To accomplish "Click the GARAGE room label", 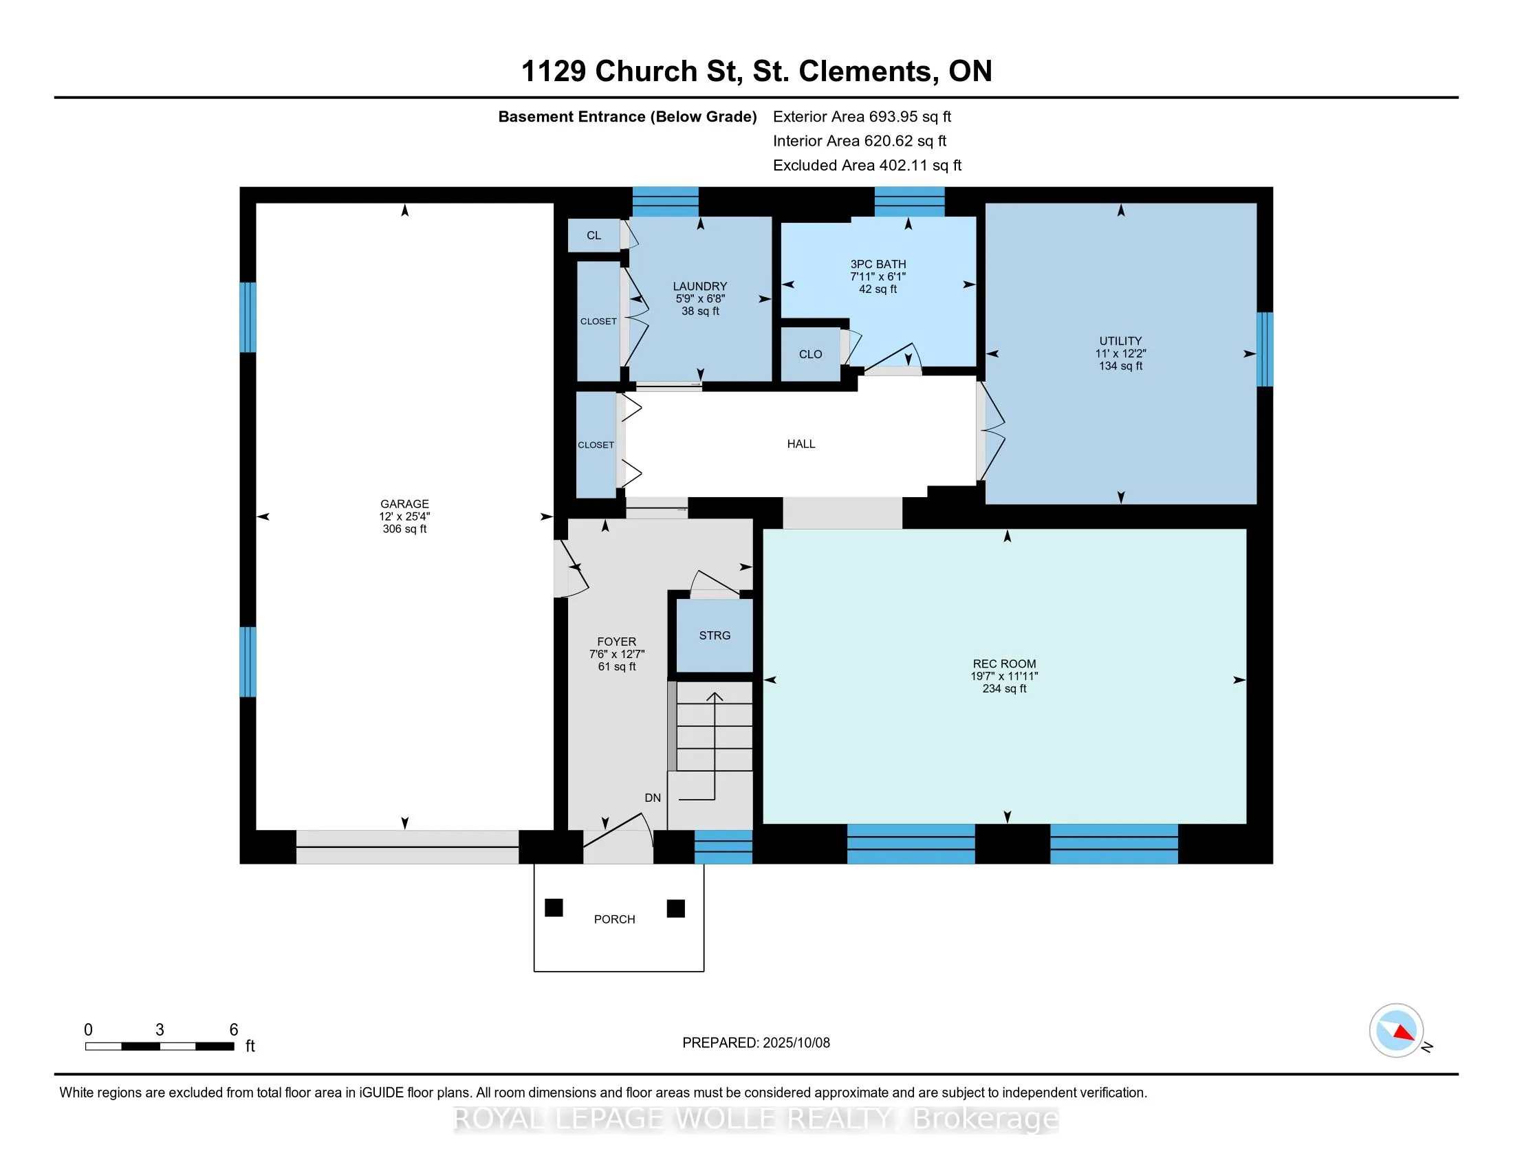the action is (x=404, y=504).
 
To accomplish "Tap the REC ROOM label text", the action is (x=1005, y=664).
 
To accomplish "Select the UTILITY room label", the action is (x=1120, y=340).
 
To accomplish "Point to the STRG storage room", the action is (x=715, y=636).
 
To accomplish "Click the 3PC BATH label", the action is (x=878, y=264).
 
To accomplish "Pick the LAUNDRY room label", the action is (x=700, y=286).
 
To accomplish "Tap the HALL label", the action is (x=801, y=444).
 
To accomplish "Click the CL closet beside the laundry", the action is (x=594, y=235).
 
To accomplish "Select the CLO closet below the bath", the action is (x=811, y=354).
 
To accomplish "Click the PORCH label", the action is (x=614, y=919).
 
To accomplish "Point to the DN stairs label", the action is (x=653, y=798).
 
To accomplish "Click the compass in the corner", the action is (x=1397, y=1030).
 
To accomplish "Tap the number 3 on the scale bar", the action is (x=160, y=1029).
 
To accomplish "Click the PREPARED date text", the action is (x=756, y=1042).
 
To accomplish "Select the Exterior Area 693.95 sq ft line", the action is (x=862, y=116).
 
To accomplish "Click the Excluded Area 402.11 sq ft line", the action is (x=867, y=165).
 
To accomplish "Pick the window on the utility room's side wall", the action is (x=1265, y=349).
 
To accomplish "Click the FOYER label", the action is (x=617, y=642).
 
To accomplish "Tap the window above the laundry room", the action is (x=665, y=202).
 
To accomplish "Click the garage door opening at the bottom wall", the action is (x=407, y=847).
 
